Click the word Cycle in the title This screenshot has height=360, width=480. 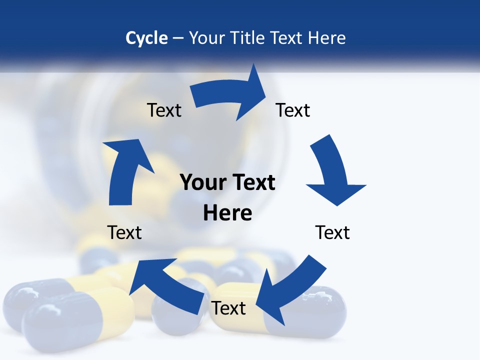click(x=146, y=38)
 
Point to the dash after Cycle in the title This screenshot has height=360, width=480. click(x=178, y=38)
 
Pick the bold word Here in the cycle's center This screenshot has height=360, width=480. click(x=227, y=213)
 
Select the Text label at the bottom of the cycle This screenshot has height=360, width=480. click(x=228, y=308)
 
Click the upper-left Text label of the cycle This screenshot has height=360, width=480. click(x=164, y=110)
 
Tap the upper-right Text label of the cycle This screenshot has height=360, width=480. click(x=293, y=110)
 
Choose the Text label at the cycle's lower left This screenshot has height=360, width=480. click(x=124, y=232)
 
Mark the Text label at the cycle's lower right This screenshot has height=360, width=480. click(x=332, y=232)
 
